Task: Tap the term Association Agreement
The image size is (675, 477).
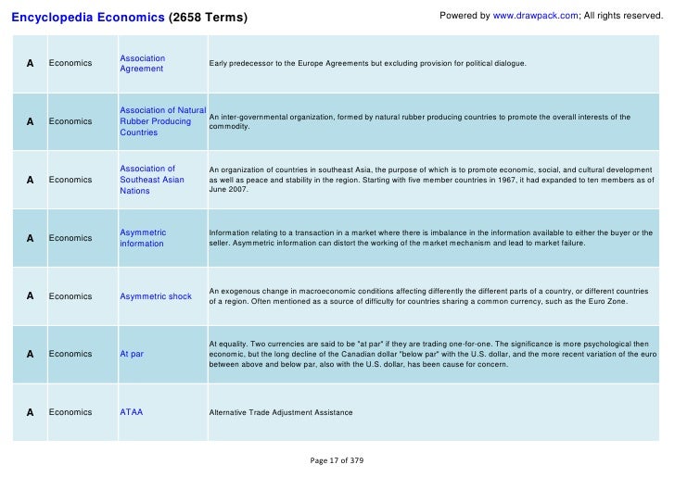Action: coord(142,64)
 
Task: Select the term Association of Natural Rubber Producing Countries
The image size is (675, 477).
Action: coord(162,121)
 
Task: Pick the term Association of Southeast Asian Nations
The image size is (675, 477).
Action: coord(152,180)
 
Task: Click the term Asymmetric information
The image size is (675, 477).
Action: coord(143,238)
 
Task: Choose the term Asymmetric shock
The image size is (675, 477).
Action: coord(156,296)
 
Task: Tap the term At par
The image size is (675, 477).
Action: coord(132,354)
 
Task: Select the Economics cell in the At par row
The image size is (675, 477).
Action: coord(70,354)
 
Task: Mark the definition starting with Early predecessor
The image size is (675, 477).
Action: coord(367,64)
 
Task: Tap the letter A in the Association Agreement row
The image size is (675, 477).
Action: coord(31,63)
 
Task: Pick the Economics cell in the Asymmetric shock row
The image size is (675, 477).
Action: coord(70,296)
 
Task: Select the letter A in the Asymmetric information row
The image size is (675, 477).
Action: coord(31,238)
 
